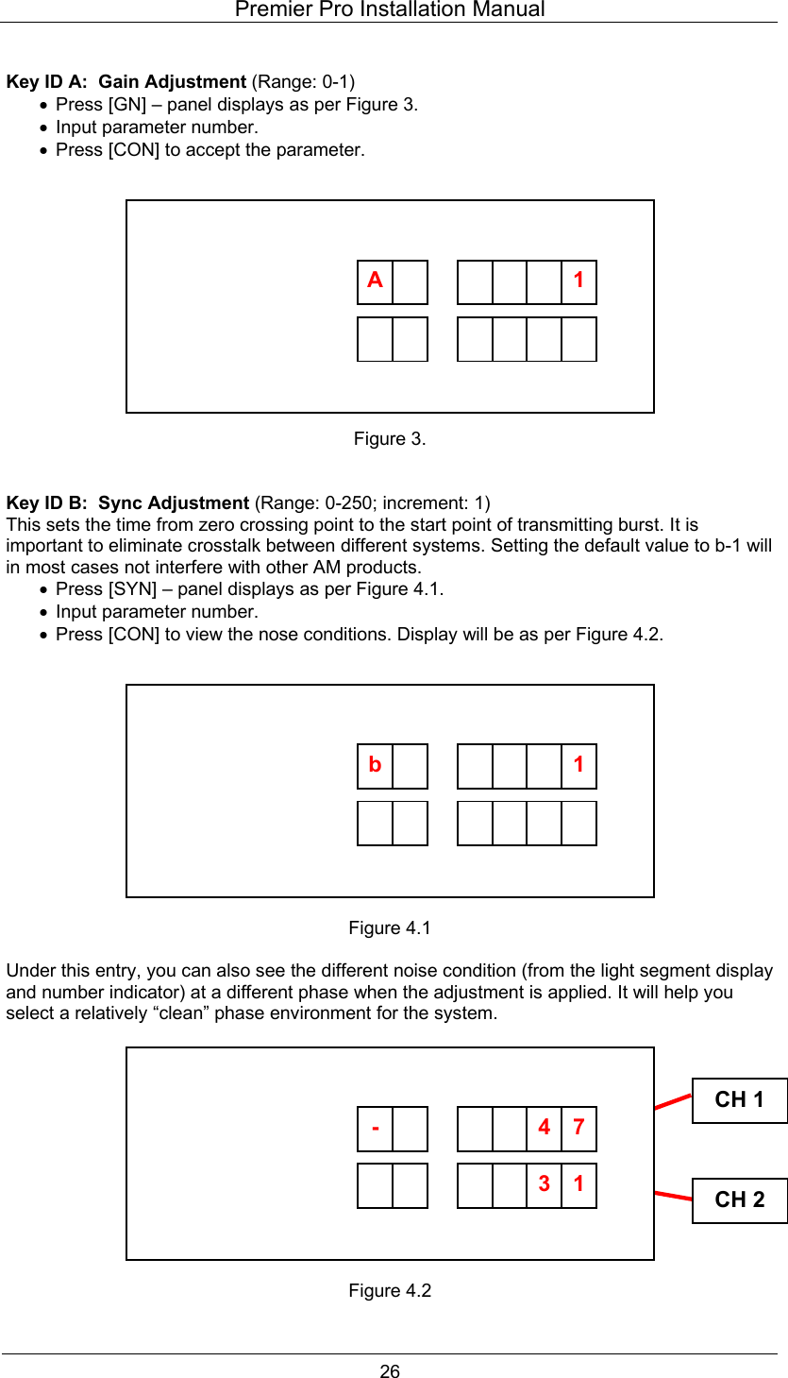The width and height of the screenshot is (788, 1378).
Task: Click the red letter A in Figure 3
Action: [375, 281]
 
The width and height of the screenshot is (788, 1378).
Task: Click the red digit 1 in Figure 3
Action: [578, 281]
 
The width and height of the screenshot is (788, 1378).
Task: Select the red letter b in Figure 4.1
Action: [375, 765]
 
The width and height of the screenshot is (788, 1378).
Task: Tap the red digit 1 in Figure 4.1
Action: [578, 765]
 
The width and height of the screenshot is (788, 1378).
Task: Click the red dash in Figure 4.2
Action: [375, 1128]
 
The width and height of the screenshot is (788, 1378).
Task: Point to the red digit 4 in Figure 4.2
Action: [544, 1128]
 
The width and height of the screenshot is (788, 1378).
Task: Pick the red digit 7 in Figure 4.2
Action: [578, 1128]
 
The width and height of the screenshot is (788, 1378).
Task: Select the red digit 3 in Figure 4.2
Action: [544, 1182]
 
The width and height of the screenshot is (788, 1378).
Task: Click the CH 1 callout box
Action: [739, 1100]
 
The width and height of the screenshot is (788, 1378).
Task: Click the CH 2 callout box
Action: [739, 1199]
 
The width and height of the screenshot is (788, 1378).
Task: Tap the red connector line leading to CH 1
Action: [673, 1102]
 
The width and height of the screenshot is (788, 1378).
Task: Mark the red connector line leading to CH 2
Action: [673, 1196]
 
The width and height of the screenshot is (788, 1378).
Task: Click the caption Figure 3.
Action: [390, 439]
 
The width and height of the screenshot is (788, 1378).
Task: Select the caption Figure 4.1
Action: [390, 928]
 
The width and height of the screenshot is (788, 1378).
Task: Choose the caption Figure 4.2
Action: [390, 1291]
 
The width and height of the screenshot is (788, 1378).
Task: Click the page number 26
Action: [390, 1371]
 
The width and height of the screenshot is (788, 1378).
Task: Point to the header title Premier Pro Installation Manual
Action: [390, 10]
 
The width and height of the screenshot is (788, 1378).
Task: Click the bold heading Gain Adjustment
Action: [173, 82]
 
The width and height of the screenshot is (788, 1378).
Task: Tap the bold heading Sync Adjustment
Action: [174, 502]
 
